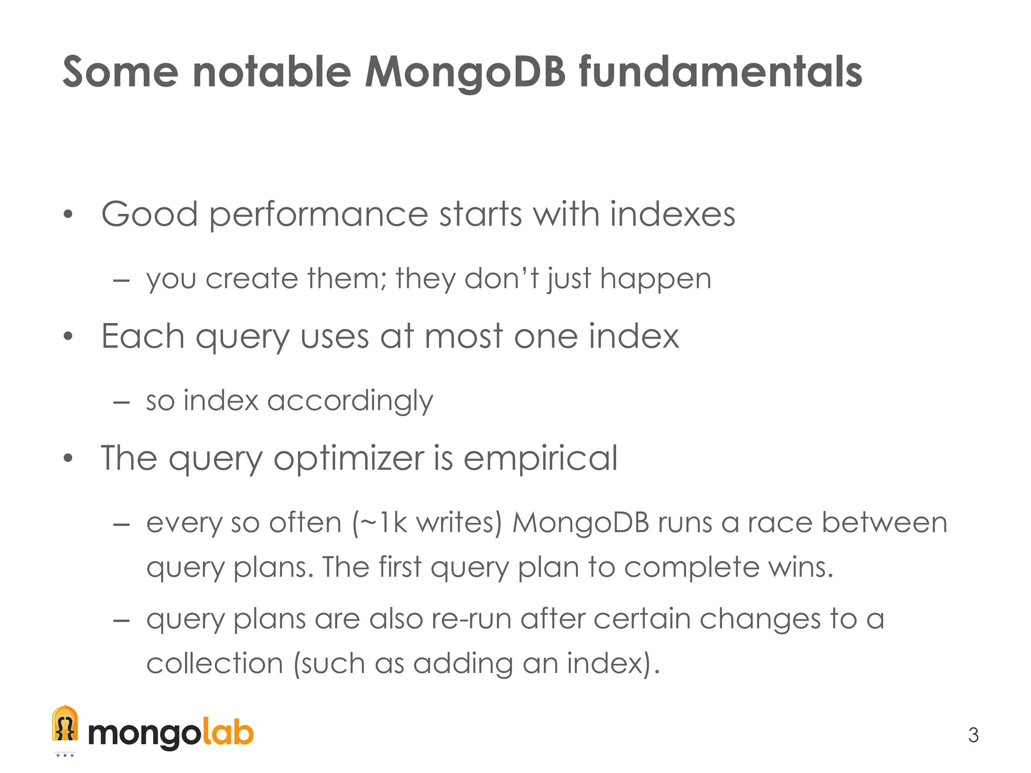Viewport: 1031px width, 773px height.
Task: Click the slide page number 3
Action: tap(973, 735)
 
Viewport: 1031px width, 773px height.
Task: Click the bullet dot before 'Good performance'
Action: tap(68, 215)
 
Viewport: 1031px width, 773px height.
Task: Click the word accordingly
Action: tap(350, 401)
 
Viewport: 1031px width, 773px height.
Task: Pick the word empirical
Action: tap(540, 458)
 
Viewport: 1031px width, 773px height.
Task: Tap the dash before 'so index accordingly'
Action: tap(122, 402)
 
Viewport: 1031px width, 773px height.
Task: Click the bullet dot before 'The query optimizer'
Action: tap(68, 459)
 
